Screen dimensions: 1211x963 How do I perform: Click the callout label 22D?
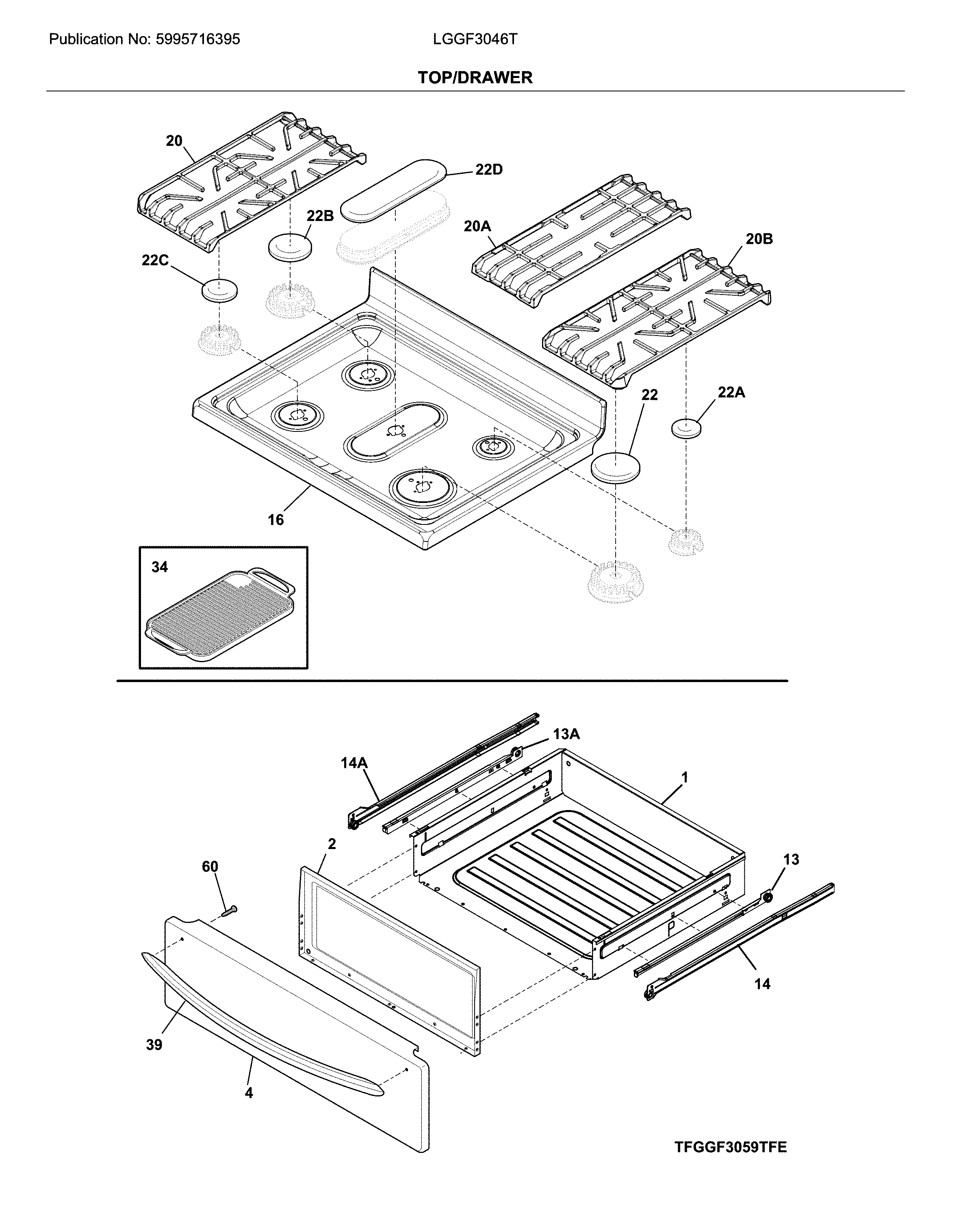488,170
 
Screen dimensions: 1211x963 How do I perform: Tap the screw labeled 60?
229,910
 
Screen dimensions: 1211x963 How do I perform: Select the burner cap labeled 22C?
219,290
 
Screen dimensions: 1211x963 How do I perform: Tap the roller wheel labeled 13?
766,897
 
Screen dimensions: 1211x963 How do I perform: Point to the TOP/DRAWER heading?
475,78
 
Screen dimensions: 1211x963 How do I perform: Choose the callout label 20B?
759,239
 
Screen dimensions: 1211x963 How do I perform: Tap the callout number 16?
276,520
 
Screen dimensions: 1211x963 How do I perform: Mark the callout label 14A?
354,763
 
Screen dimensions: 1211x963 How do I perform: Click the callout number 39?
154,1045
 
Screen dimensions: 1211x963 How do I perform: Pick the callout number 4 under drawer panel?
249,1093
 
